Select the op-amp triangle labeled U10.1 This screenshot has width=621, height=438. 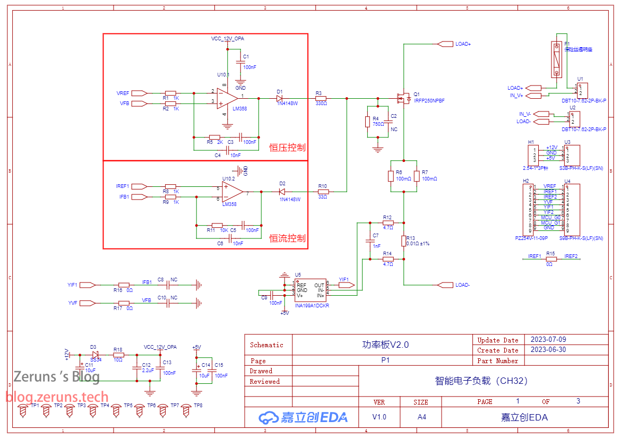[227, 98]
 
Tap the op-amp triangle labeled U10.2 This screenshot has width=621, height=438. [232, 192]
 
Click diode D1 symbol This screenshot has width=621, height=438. [280, 98]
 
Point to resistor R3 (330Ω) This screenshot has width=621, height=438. [320, 98]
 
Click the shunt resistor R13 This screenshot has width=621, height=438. [403, 241]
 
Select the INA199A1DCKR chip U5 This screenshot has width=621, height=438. [310, 290]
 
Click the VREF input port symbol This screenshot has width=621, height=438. [139, 93]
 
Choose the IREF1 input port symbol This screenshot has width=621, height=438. [139, 186]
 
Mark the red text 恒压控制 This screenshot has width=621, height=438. [287, 148]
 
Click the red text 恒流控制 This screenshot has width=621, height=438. [287, 238]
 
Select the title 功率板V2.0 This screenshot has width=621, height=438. [382, 345]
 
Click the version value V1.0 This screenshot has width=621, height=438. [379, 417]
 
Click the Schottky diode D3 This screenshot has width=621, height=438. [95, 354]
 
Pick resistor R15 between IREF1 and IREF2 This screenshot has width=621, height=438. [551, 259]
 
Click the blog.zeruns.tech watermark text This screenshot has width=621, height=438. [57, 397]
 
